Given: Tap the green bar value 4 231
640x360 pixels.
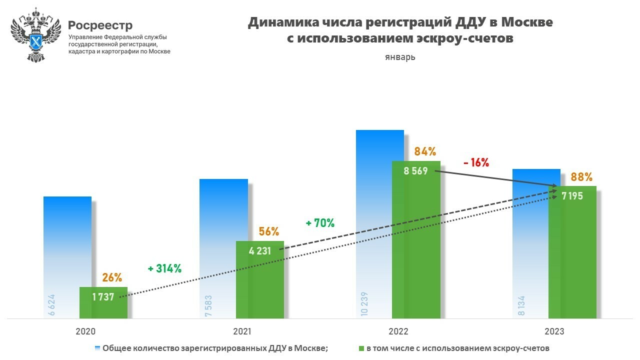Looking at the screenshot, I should (x=260, y=250).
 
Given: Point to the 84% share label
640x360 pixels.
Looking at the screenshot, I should (x=425, y=151).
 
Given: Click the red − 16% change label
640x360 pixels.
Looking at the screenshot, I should (x=475, y=162).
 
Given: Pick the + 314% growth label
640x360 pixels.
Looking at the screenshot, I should (x=164, y=268).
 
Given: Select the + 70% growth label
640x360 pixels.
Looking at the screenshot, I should (x=320, y=223).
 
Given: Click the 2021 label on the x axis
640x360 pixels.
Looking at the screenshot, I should (x=241, y=331).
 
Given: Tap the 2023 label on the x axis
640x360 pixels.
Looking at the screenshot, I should (x=554, y=331).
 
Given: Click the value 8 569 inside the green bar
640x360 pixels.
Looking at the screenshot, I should (x=415, y=171).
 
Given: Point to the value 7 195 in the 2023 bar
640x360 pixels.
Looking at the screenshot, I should (x=572, y=196).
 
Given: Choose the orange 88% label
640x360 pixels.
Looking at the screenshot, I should (x=582, y=176).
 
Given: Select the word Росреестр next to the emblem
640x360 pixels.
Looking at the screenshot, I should (x=100, y=25).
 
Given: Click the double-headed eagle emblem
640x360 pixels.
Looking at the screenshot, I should (x=35, y=34).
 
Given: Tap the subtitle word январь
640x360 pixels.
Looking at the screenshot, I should (x=400, y=57).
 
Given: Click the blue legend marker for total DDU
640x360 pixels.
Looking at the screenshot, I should (x=97, y=347).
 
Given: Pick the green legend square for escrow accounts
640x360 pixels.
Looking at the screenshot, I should (x=361, y=347).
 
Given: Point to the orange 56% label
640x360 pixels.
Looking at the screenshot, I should (x=268, y=231).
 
